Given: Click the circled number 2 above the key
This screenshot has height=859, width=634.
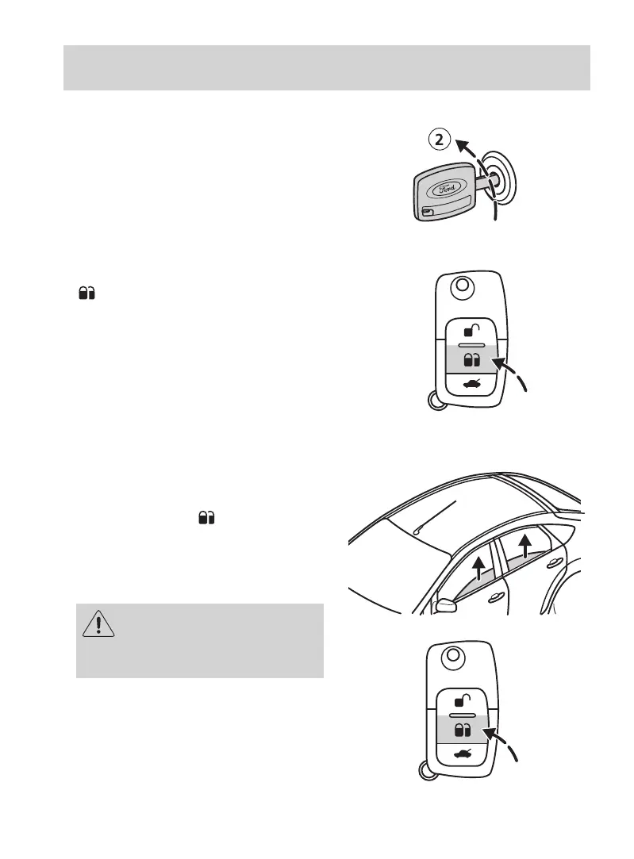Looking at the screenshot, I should pyautogui.click(x=440, y=140).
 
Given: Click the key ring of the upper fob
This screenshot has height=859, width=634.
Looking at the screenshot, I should pyautogui.click(x=435, y=400).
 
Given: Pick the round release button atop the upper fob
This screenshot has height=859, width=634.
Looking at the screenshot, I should pyautogui.click(x=460, y=286).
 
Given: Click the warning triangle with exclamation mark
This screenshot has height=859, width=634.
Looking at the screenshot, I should pyautogui.click(x=99, y=623).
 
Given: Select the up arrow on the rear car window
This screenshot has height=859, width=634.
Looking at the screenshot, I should pyautogui.click(x=524, y=546).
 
